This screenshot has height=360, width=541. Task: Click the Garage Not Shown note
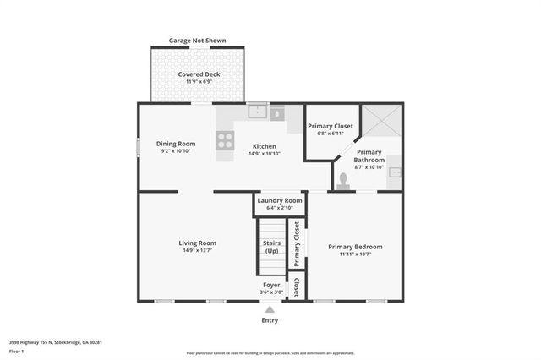[x=198, y=40]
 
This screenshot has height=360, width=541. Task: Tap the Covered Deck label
[x=199, y=74]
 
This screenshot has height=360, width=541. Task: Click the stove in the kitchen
[x=225, y=141]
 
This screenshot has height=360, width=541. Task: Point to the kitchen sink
[x=259, y=112]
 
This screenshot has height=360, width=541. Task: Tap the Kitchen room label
[x=263, y=146]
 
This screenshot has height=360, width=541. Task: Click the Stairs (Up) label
[x=271, y=247]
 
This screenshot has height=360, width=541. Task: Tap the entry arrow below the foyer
[x=270, y=309]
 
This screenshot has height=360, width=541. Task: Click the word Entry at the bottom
[x=270, y=320]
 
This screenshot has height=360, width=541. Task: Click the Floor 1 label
[x=17, y=350]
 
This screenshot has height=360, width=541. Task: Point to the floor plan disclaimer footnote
[x=270, y=352]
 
